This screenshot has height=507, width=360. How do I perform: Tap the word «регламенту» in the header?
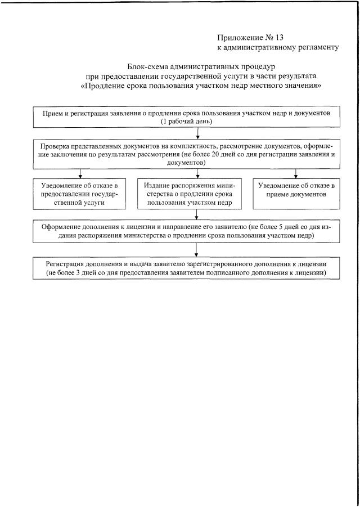316,47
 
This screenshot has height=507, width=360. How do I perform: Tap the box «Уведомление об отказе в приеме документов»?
296,190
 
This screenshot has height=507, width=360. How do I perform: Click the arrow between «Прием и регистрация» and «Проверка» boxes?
196,133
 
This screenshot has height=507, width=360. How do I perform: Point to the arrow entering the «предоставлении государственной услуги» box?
80,173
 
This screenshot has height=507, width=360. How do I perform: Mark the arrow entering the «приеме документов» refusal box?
296,173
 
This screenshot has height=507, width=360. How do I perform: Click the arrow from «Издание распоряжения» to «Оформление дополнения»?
196,214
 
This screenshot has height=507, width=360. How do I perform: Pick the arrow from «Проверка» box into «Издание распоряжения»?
196,173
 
